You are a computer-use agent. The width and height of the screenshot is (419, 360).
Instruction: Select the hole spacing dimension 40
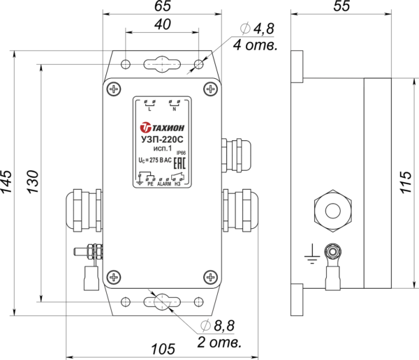click(162, 24)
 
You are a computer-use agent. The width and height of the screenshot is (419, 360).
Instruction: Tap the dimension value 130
click(31, 182)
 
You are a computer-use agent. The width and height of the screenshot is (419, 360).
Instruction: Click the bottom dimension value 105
click(162, 349)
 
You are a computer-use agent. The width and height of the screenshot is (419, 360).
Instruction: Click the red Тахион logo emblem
click(146, 128)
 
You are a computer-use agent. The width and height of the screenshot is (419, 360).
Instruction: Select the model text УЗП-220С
click(162, 140)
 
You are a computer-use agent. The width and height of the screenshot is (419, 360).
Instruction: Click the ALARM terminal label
click(164, 183)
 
